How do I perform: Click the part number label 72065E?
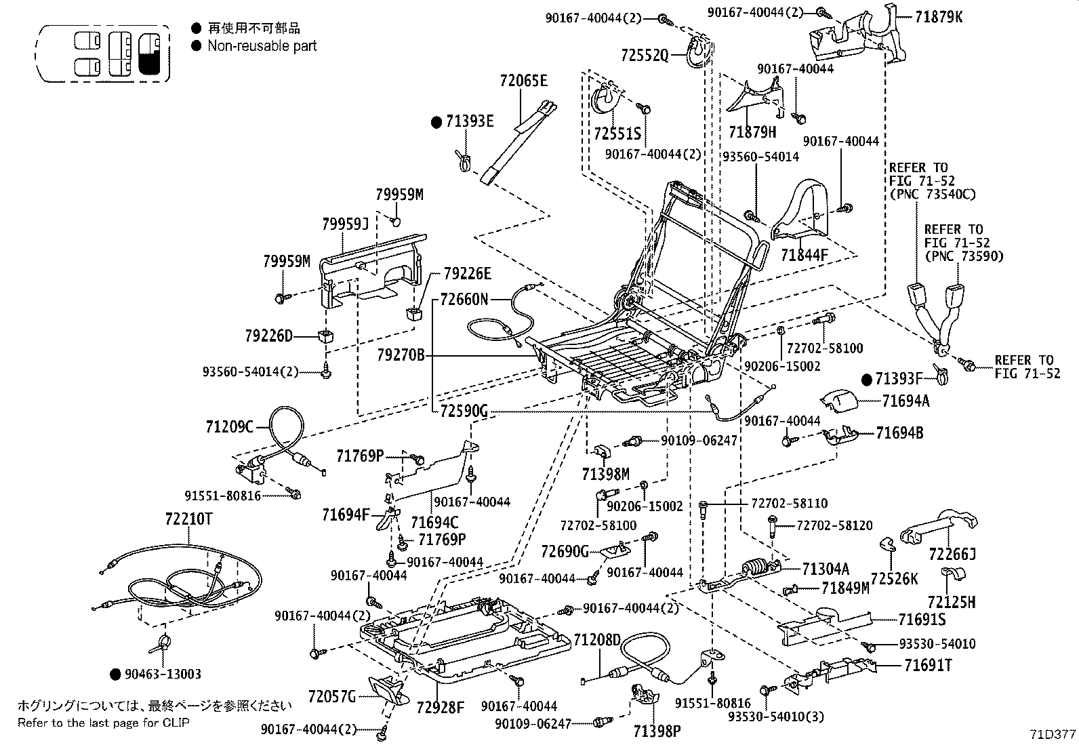pyautogui.click(x=523, y=81)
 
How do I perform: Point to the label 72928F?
pyautogui.click(x=440, y=708)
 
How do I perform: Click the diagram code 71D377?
pyautogui.click(x=1053, y=734)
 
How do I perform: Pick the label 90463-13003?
pyautogui.click(x=163, y=674)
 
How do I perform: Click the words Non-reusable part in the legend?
pyautogui.click(x=262, y=46)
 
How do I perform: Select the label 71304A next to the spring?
pyautogui.click(x=825, y=569)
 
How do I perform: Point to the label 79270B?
pyautogui.click(x=401, y=355)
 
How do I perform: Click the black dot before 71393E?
pyautogui.click(x=437, y=122)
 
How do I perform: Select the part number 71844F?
pyautogui.click(x=804, y=256)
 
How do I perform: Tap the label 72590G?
pyautogui.click(x=464, y=411)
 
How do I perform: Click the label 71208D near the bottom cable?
pyautogui.click(x=596, y=640)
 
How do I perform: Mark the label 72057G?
pyautogui.click(x=331, y=696)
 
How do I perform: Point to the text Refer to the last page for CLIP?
pyautogui.click(x=104, y=722)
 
